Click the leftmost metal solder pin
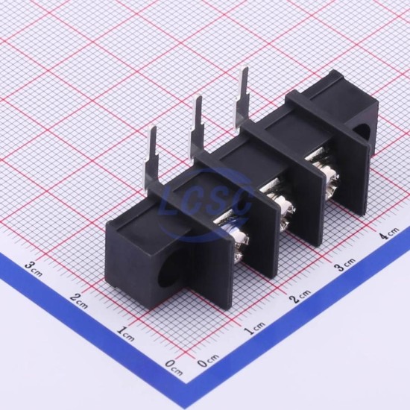(x=152, y=157)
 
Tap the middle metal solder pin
(x=197, y=125)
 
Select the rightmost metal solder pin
(x=242, y=96)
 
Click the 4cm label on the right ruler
(x=391, y=232)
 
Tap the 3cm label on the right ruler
(x=346, y=264)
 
